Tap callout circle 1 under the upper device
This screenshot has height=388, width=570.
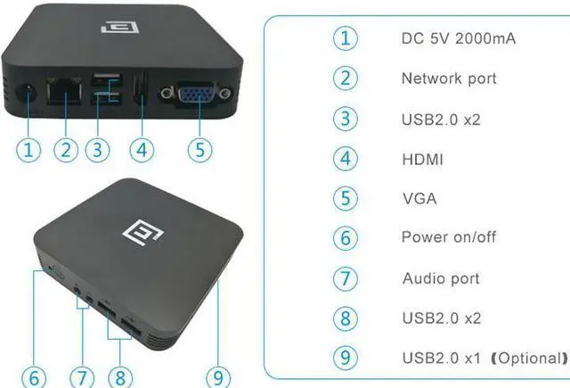coord(29,148)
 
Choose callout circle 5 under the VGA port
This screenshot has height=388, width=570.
coord(199,148)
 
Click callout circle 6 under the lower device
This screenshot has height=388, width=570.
coord(33,376)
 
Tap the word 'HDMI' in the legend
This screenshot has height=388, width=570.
coord(422,159)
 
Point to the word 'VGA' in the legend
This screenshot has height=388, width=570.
coord(419,198)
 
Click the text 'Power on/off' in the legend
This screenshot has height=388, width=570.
coord(449,238)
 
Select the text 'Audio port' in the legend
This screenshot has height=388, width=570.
coord(440,278)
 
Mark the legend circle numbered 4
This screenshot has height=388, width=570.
coord(345,159)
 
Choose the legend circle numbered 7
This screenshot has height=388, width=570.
coord(345,278)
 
